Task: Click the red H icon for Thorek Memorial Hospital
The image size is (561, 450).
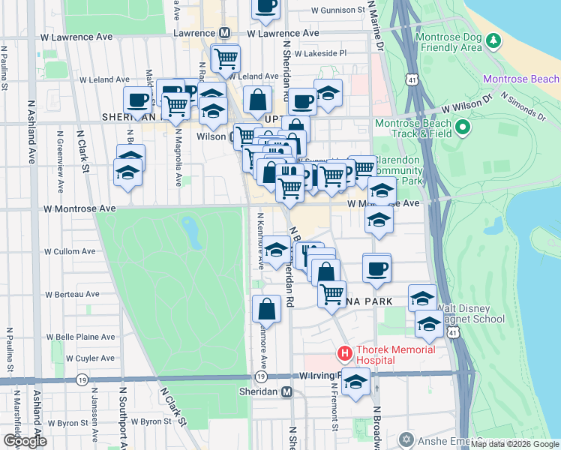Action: pyautogui.click(x=345, y=352)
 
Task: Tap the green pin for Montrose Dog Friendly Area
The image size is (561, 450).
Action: pyautogui.click(x=492, y=40)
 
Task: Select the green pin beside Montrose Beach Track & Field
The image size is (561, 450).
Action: pyautogui.click(x=462, y=128)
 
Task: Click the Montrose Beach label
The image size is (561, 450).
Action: pyautogui.click(x=521, y=79)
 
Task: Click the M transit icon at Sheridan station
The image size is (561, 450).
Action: pyautogui.click(x=286, y=392)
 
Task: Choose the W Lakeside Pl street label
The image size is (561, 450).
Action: pyautogui.click(x=320, y=53)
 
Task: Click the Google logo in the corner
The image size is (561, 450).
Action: pyautogui.click(x=25, y=441)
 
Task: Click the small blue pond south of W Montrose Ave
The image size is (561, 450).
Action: pyautogui.click(x=191, y=233)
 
